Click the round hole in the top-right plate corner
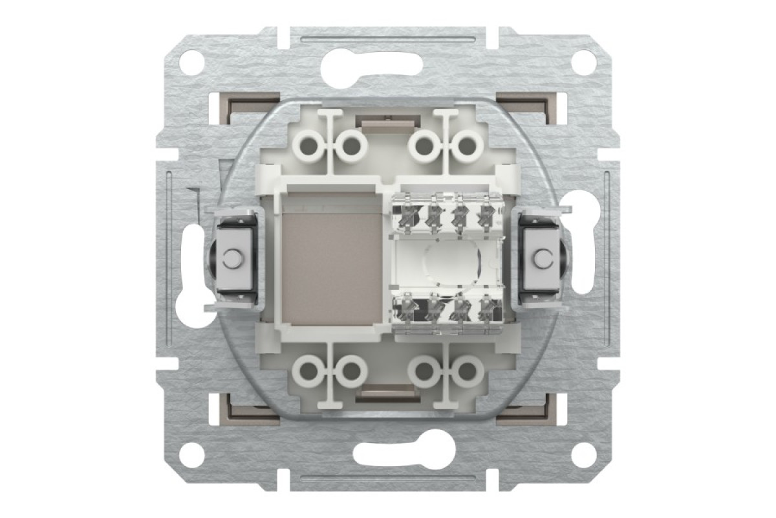[584, 64]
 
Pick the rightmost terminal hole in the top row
[466, 145]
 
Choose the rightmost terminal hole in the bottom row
[466, 372]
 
